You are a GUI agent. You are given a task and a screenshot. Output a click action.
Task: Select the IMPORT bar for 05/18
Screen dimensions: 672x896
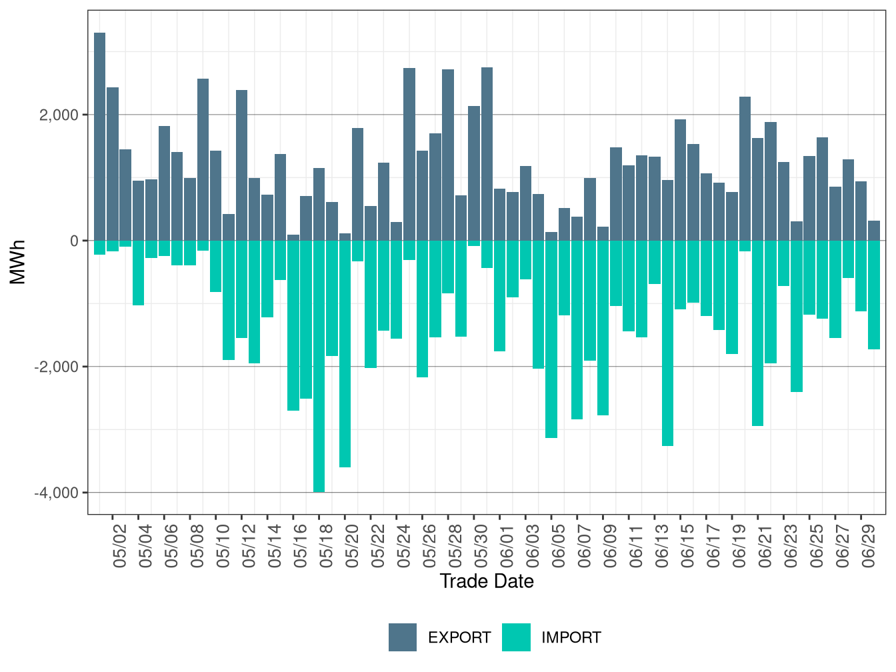coord(319,366)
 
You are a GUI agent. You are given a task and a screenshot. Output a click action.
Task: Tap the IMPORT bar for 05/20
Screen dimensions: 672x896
coord(345,353)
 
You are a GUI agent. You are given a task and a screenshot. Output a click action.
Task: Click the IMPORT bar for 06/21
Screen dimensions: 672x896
coord(758,333)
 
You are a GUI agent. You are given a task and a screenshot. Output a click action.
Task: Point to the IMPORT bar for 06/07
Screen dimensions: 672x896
coord(577,329)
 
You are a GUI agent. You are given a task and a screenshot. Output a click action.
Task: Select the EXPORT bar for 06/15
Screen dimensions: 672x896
coord(681,180)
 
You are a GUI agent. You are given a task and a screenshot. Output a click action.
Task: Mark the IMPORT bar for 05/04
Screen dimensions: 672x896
coord(138,273)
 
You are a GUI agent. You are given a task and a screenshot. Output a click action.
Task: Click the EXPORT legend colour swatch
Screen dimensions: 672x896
coord(403,637)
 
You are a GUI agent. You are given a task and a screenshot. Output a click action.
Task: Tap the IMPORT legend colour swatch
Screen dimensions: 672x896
coord(516,637)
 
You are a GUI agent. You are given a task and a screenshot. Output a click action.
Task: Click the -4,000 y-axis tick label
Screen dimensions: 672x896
coord(57,493)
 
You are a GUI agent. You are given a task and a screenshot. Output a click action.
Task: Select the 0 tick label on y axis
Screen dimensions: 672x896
coord(74,241)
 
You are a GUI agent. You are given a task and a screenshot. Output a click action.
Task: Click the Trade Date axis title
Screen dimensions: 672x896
coord(487,581)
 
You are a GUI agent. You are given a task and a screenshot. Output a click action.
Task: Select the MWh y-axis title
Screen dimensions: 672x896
coord(18,262)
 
